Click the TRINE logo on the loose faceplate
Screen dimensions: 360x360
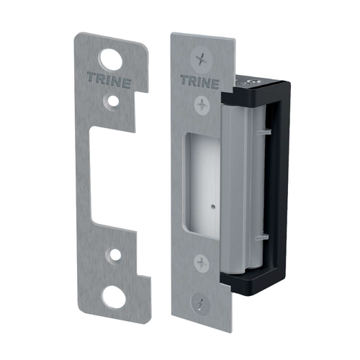point(109,80)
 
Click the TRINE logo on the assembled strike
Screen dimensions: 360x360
point(200,81)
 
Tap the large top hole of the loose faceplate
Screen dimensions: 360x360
point(111,60)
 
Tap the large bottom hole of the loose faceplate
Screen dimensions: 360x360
point(114,297)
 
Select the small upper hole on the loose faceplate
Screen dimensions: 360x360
point(112,102)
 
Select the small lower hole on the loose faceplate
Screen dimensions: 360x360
point(114,255)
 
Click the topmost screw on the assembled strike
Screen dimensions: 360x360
point(202,58)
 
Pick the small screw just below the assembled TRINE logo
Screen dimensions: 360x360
point(202,105)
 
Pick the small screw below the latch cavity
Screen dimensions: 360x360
point(202,264)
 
